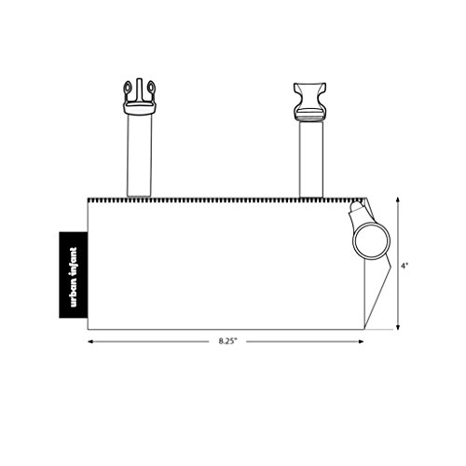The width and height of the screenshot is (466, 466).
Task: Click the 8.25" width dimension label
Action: tap(227, 341)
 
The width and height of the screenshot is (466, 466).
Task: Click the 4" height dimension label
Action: tap(404, 266)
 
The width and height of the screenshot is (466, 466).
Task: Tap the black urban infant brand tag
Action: tap(74, 275)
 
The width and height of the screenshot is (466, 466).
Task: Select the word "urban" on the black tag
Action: tap(74, 292)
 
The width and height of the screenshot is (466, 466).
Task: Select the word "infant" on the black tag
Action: tap(74, 261)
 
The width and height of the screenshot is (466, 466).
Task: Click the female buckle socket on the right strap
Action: tap(309, 102)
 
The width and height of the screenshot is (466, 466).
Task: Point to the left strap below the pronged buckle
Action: tap(140, 156)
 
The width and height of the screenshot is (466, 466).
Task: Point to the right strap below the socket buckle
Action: tap(311, 159)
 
